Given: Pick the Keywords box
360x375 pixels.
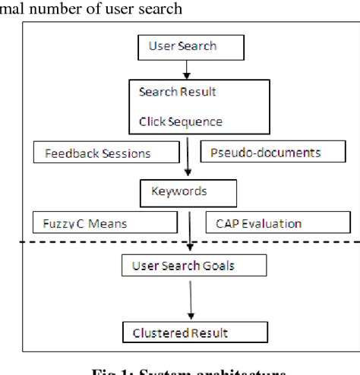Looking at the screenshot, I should (178, 193).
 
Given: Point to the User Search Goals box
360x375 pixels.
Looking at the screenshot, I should (194, 266).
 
